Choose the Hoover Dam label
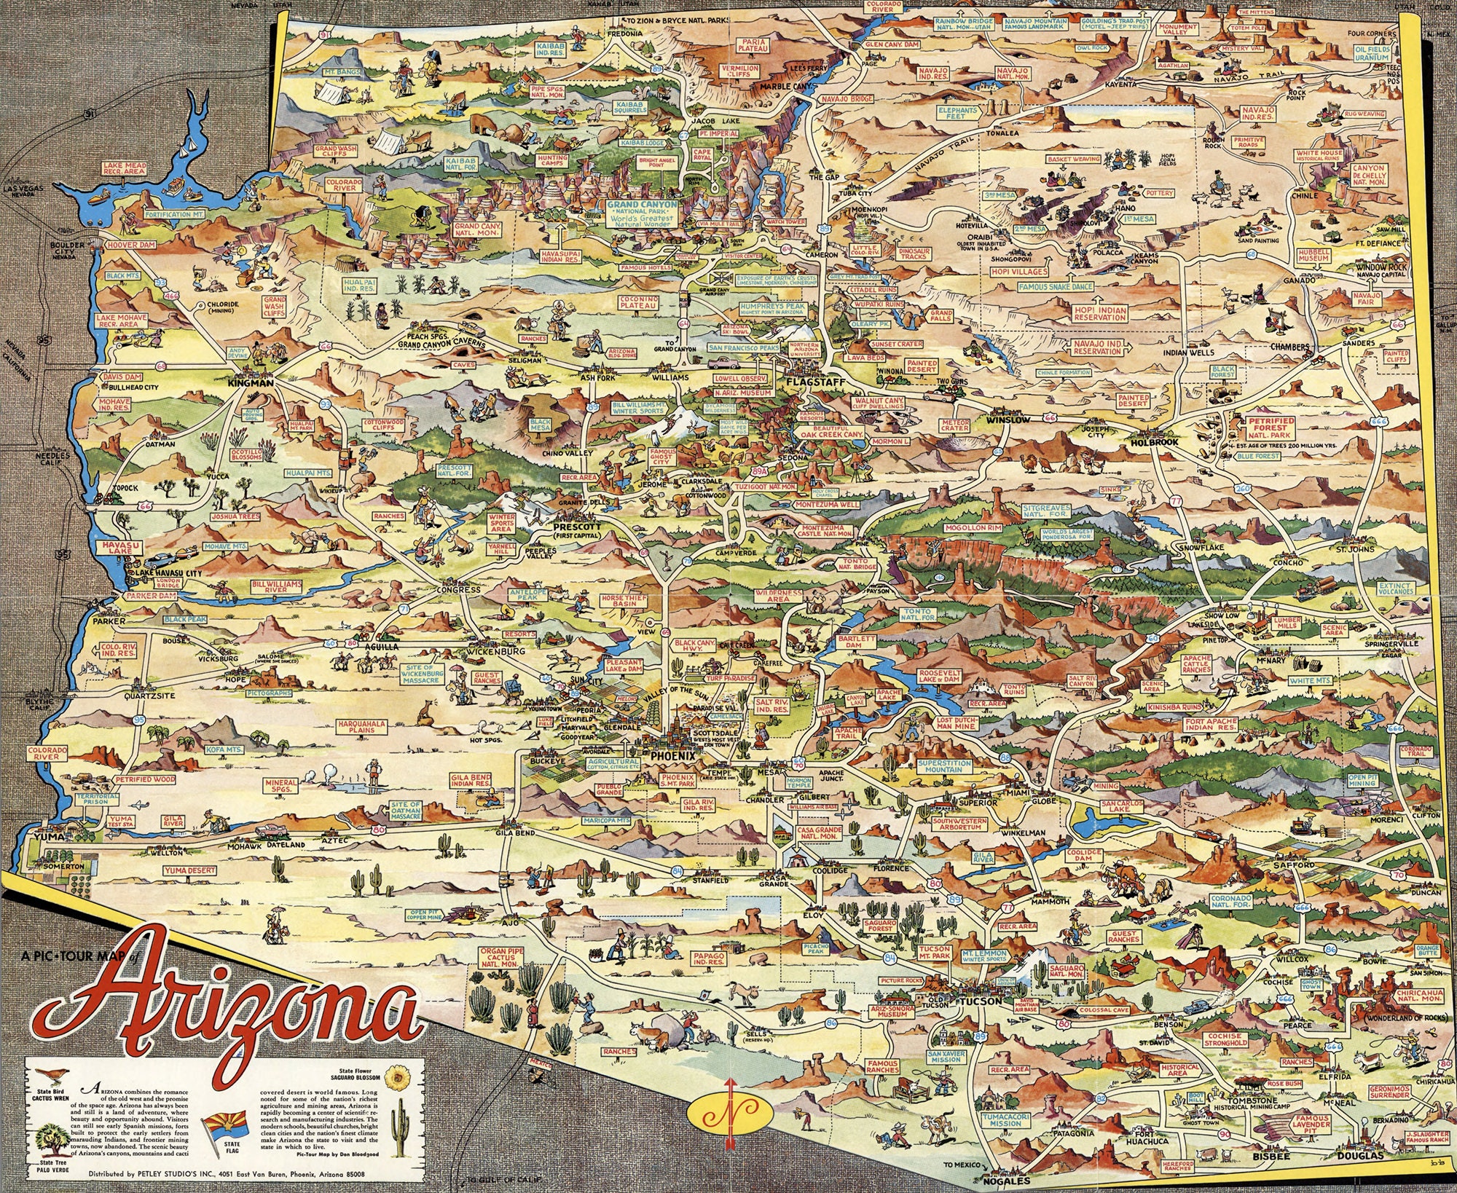click(132, 245)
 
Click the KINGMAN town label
click(250, 382)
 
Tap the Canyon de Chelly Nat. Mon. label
click(1368, 175)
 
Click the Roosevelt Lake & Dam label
click(940, 675)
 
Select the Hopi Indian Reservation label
click(1099, 313)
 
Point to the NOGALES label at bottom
click(1008, 1181)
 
